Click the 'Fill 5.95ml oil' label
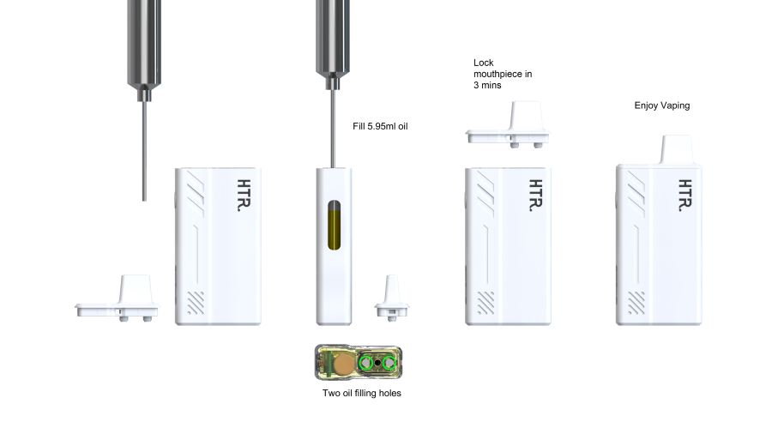pos(380,126)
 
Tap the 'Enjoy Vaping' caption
pos(661,105)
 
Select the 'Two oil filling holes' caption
pos(362,393)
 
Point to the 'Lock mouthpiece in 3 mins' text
pos(503,74)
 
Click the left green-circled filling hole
pos(365,363)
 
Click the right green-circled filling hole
pos(389,363)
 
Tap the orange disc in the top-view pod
pos(343,365)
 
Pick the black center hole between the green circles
pos(377,363)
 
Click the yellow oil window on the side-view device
pos(334,226)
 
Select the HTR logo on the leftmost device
pos(244,196)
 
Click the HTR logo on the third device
pos(535,196)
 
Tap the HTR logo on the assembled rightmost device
pos(685,196)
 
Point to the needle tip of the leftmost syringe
pos(144,200)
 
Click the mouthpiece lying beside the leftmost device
pos(118,298)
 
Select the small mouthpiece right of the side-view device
pos(392,298)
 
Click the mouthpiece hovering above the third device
pos(508,125)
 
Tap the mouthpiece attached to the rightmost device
pos(677,149)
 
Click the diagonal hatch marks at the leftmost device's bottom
pos(196,303)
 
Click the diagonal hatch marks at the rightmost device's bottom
pos(636,303)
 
